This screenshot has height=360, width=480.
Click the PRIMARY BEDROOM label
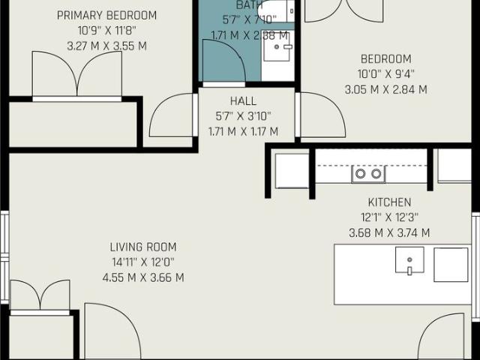[x=118, y=15]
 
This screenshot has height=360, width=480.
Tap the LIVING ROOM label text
[x=142, y=247]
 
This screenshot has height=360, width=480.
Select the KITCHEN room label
[x=389, y=202]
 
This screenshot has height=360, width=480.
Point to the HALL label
[x=243, y=100]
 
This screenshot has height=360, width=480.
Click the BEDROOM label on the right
[x=385, y=59]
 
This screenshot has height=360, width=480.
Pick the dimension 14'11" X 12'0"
[x=142, y=262]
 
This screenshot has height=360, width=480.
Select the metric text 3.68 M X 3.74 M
[x=389, y=232]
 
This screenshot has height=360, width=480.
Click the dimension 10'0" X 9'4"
[x=385, y=74]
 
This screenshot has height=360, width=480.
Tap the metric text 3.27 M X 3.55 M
[x=118, y=45]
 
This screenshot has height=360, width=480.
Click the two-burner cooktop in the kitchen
[x=368, y=174]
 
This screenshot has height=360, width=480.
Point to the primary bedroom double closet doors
[x=76, y=75]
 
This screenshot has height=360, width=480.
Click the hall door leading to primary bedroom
[x=172, y=116]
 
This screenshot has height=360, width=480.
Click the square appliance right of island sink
[x=451, y=264]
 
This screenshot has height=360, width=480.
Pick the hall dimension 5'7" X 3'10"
[x=243, y=115]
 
